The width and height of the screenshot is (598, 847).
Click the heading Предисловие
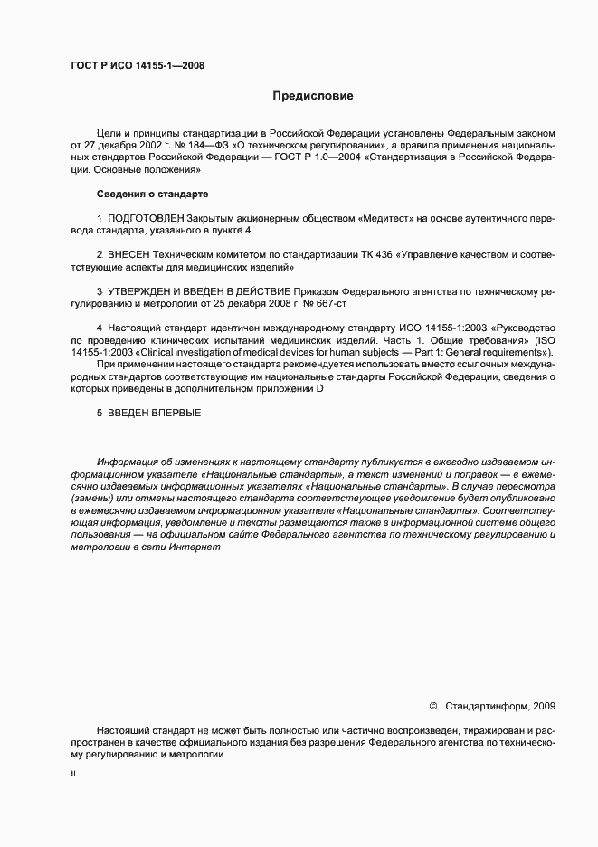click(313, 95)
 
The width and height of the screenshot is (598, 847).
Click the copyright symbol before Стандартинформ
click(432, 706)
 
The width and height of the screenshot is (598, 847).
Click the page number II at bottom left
click(73, 775)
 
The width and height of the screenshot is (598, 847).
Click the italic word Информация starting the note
click(125, 462)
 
